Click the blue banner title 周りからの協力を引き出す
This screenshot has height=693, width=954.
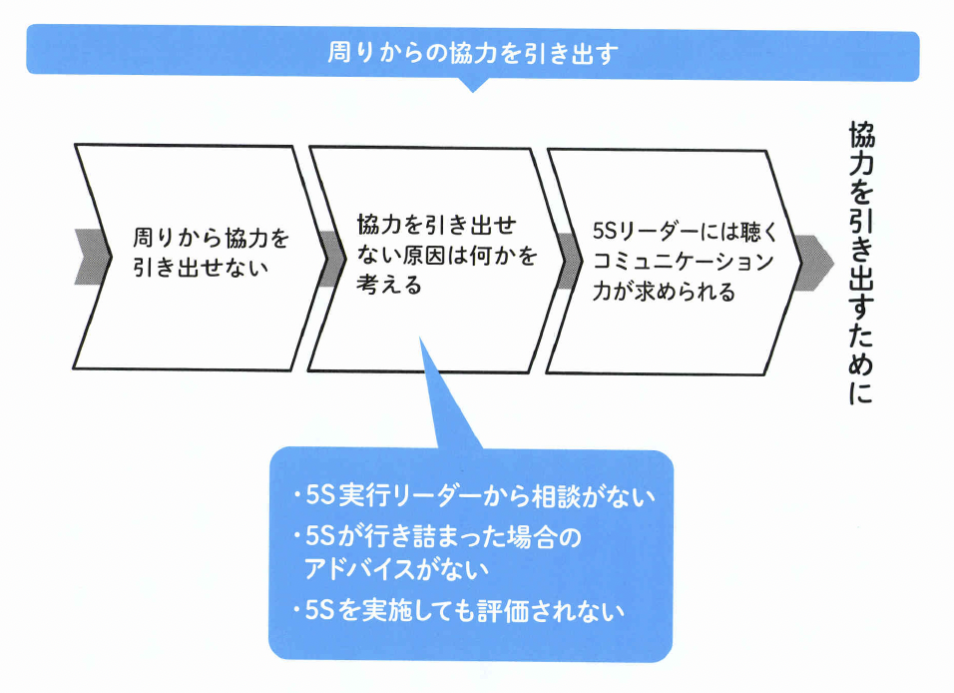point(473,52)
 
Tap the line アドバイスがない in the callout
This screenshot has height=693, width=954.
point(396,569)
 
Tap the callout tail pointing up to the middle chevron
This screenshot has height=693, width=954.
point(439,399)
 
